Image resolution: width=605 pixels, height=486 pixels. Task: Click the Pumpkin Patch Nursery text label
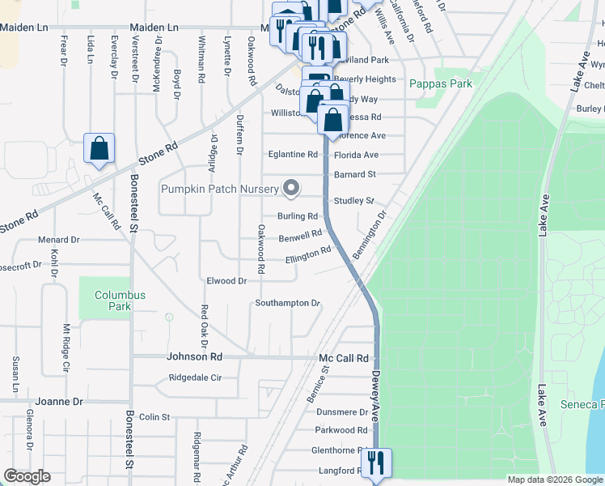(x=218, y=189)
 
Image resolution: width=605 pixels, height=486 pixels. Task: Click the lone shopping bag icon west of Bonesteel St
(x=99, y=149)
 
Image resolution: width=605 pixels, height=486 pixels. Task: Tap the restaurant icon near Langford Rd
(x=375, y=464)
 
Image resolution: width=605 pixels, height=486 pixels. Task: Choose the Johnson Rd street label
(x=194, y=356)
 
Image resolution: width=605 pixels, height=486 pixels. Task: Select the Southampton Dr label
(x=288, y=303)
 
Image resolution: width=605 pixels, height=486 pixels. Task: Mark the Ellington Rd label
(x=308, y=255)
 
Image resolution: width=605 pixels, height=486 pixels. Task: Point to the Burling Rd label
(x=297, y=216)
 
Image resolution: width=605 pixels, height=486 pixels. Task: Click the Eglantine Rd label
(x=293, y=154)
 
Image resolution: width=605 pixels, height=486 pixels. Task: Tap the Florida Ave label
(x=356, y=155)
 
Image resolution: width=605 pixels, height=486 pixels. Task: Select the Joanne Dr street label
(x=59, y=401)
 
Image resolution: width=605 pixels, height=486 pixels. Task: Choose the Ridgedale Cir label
(x=194, y=377)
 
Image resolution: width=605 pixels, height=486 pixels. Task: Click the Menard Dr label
(x=59, y=240)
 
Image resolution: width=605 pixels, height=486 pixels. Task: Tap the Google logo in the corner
(x=27, y=476)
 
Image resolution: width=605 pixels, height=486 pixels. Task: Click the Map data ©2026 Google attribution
(x=554, y=480)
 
